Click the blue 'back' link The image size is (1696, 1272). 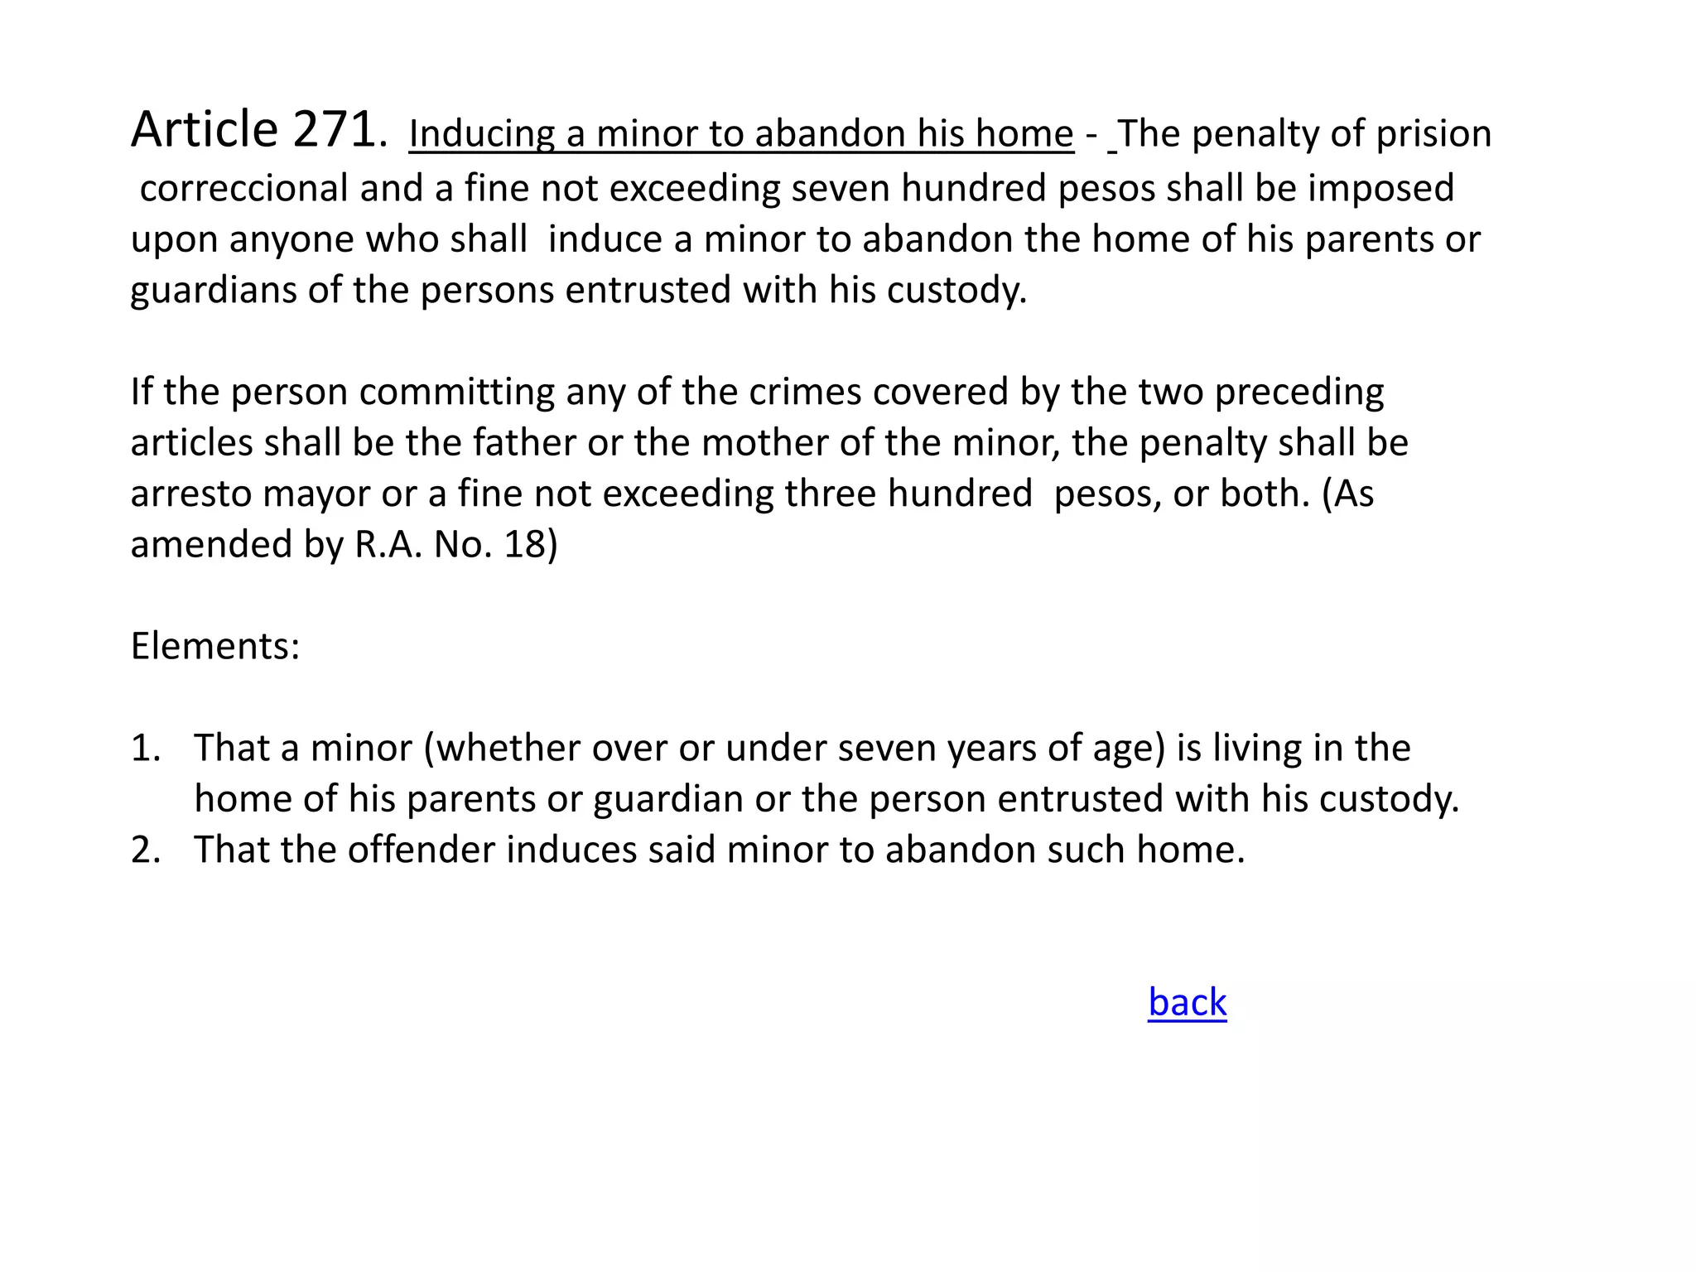pyautogui.click(x=1187, y=1002)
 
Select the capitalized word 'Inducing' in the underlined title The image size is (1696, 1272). pyautogui.click(x=481, y=134)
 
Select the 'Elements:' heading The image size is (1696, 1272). pyautogui.click(x=215, y=646)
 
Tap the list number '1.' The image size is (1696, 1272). pyautogui.click(x=146, y=748)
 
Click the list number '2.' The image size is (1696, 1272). pyautogui.click(x=146, y=850)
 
